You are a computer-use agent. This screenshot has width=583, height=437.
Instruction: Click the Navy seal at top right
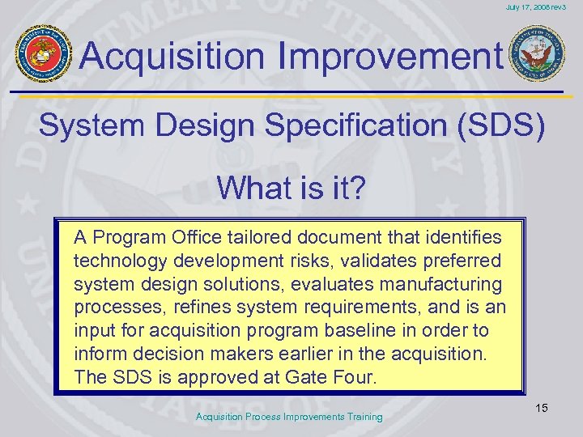coord(538,53)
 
